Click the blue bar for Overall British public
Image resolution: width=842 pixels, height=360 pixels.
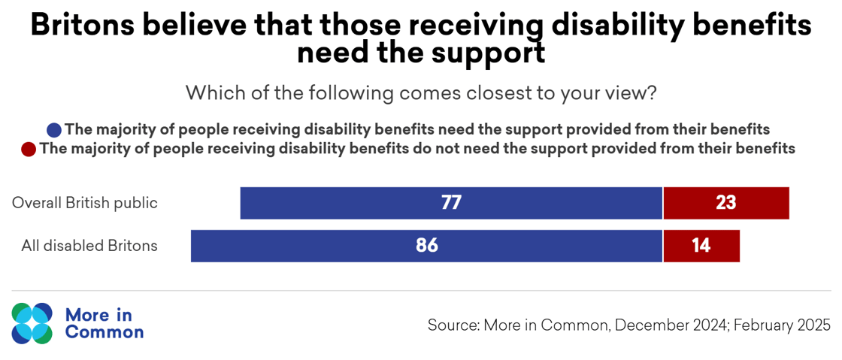pos(361,203)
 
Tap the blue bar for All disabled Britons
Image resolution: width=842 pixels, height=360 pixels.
pos(316,246)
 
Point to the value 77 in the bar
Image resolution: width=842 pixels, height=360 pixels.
pos(451,203)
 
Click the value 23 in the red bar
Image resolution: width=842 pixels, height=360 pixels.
pos(725,203)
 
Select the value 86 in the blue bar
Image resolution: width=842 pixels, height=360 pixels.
pos(426,246)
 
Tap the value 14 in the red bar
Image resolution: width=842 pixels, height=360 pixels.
pos(701,246)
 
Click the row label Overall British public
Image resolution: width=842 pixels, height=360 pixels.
pos(85,203)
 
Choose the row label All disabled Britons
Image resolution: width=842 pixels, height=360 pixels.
pos(89,246)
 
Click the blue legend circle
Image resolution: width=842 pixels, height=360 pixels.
pos(54,129)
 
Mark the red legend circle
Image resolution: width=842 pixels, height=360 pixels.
pos(29,149)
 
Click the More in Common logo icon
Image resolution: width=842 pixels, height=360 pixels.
pos(32,323)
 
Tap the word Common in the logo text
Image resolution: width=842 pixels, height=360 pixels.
pos(104,331)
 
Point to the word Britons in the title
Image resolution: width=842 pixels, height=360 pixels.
pos(80,26)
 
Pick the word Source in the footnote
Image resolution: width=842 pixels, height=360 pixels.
pos(452,325)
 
